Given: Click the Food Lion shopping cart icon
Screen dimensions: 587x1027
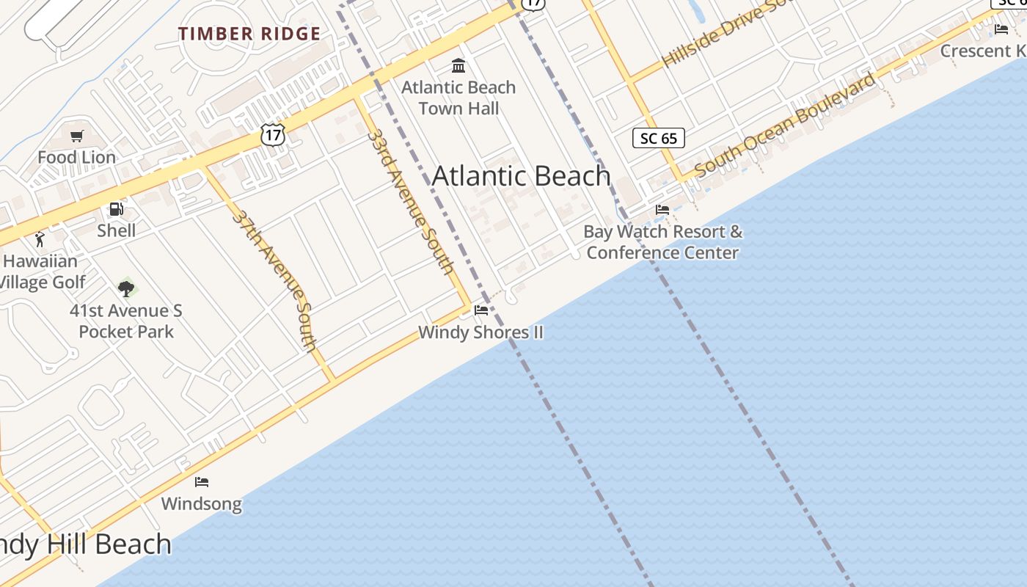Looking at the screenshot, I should [77, 136].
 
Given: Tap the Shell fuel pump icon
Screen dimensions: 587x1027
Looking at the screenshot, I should [116, 209].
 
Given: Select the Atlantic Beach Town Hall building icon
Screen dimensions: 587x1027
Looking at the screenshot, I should [458, 66].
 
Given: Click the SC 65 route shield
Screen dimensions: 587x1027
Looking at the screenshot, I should [658, 138].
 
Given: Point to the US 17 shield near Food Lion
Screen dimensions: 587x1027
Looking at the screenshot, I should [272, 134].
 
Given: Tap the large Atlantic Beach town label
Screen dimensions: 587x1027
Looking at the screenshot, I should [522, 176].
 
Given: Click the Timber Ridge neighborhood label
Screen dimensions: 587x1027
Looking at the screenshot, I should [249, 34].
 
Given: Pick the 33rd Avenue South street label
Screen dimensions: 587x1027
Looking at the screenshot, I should [411, 202].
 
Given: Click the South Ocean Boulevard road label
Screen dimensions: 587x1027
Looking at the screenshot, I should [785, 125].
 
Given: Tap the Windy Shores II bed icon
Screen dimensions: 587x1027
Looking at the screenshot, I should [481, 310].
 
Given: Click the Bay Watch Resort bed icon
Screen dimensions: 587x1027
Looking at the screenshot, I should [662, 210].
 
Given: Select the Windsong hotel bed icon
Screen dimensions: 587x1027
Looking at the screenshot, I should [202, 482].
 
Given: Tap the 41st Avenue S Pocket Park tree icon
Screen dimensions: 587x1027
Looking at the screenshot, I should [127, 288].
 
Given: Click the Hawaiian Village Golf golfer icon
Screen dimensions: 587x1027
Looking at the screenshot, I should [40, 239].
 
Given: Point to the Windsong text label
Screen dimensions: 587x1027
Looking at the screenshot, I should [202, 504].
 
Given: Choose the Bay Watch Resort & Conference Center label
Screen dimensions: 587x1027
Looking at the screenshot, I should [663, 242].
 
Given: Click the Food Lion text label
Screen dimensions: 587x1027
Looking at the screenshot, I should [77, 157].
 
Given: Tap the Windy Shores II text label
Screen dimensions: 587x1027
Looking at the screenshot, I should [481, 332].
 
